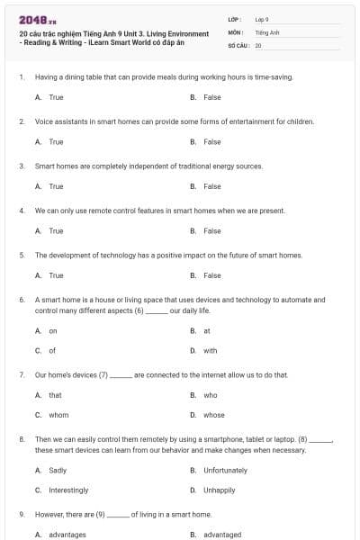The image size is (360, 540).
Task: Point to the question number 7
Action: coord(21,374)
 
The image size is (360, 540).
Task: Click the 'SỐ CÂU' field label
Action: coord(238,44)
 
